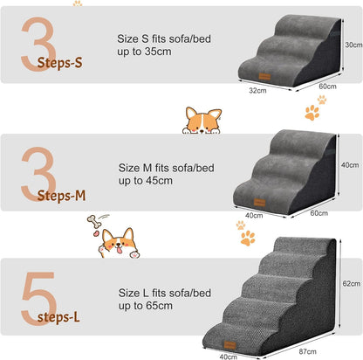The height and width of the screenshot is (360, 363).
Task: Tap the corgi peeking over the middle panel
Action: point(202,121)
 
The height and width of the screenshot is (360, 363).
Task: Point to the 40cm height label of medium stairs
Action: point(351,163)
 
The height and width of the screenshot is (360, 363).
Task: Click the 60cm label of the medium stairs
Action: point(318,212)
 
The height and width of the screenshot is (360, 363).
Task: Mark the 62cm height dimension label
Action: point(351,284)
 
